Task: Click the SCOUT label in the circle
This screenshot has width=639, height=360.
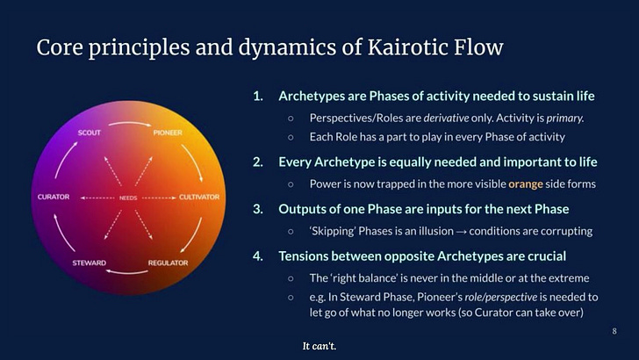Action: point(90,133)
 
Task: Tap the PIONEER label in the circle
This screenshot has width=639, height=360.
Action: point(168,133)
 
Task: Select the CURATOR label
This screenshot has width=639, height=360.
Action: point(54,197)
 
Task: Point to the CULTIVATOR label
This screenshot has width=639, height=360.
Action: point(199,197)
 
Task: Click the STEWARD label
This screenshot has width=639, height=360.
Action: point(90,263)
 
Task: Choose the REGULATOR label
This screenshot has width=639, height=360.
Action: point(168,263)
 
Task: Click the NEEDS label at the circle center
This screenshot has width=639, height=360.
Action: point(128,198)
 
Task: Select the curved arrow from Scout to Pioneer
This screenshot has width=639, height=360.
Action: point(130,123)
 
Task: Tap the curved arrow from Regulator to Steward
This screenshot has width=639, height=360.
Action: point(126,272)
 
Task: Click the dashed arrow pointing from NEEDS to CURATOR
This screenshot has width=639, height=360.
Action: point(97,198)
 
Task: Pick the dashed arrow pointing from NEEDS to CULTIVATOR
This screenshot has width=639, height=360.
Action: point(159,198)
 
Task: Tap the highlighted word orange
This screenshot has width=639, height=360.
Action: point(525,184)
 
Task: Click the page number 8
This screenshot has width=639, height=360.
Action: point(614,331)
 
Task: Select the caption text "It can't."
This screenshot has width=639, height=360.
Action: point(319,346)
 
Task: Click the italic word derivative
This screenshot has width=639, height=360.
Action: point(446,119)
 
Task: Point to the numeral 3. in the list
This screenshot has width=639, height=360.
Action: point(258,209)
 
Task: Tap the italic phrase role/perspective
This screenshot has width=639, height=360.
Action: point(501,297)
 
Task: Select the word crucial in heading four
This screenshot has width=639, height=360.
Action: point(547,256)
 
